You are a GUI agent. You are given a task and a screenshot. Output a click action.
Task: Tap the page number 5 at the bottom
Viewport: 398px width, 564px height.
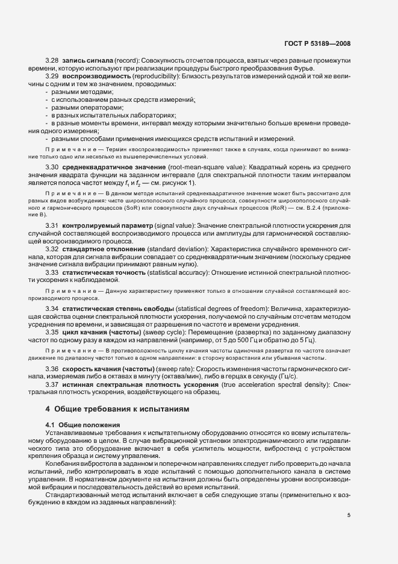click(x=349, y=515)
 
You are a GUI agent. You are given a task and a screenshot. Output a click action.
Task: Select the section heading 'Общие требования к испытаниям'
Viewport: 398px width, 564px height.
click(x=117, y=409)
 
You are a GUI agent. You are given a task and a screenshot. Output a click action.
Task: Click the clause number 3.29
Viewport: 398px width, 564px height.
click(x=52, y=78)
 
